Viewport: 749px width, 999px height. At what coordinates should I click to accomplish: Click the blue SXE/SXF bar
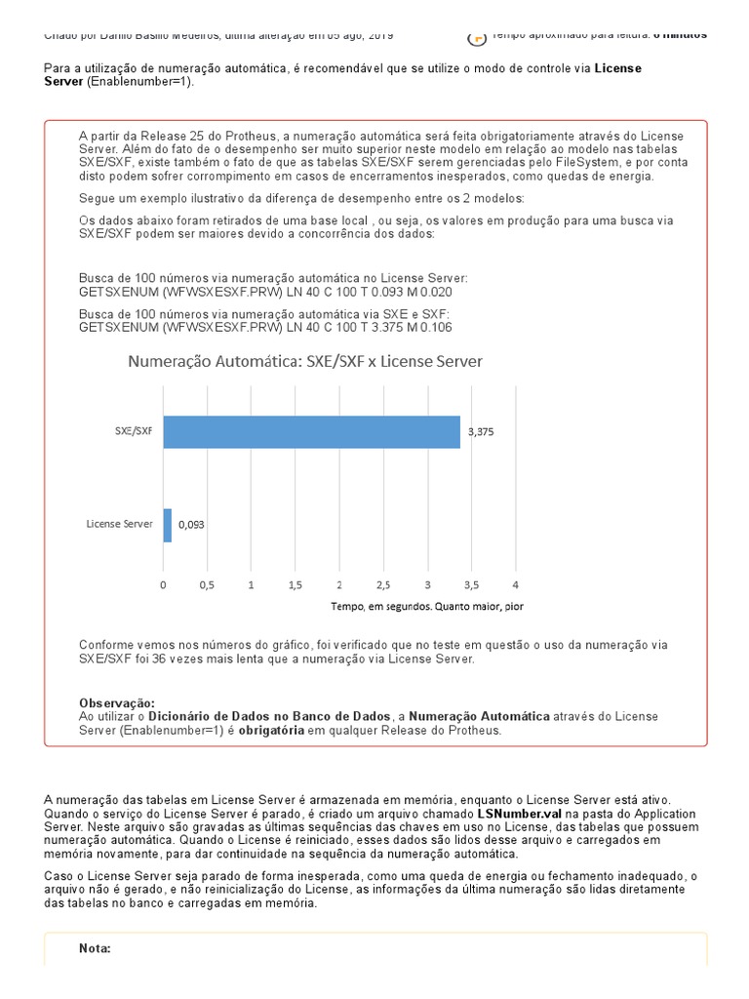[x=311, y=432]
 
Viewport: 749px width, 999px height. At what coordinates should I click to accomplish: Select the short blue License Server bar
[x=168, y=525]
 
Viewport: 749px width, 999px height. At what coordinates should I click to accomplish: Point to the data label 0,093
[x=191, y=525]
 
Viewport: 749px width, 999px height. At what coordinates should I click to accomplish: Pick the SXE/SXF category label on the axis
[x=133, y=430]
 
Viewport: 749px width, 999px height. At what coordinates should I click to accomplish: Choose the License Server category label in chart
[x=119, y=524]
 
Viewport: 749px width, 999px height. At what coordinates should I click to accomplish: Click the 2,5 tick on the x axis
[x=382, y=585]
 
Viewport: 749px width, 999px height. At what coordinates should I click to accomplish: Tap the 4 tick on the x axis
[x=515, y=585]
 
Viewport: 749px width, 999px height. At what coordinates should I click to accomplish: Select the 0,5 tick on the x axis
[x=207, y=585]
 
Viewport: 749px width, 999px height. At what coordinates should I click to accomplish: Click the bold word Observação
[x=116, y=703]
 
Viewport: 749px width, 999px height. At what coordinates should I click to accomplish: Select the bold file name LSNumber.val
[x=519, y=813]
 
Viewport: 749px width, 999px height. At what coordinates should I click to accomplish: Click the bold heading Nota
[x=95, y=948]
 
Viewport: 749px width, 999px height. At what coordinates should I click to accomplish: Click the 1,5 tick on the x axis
[x=295, y=585]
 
